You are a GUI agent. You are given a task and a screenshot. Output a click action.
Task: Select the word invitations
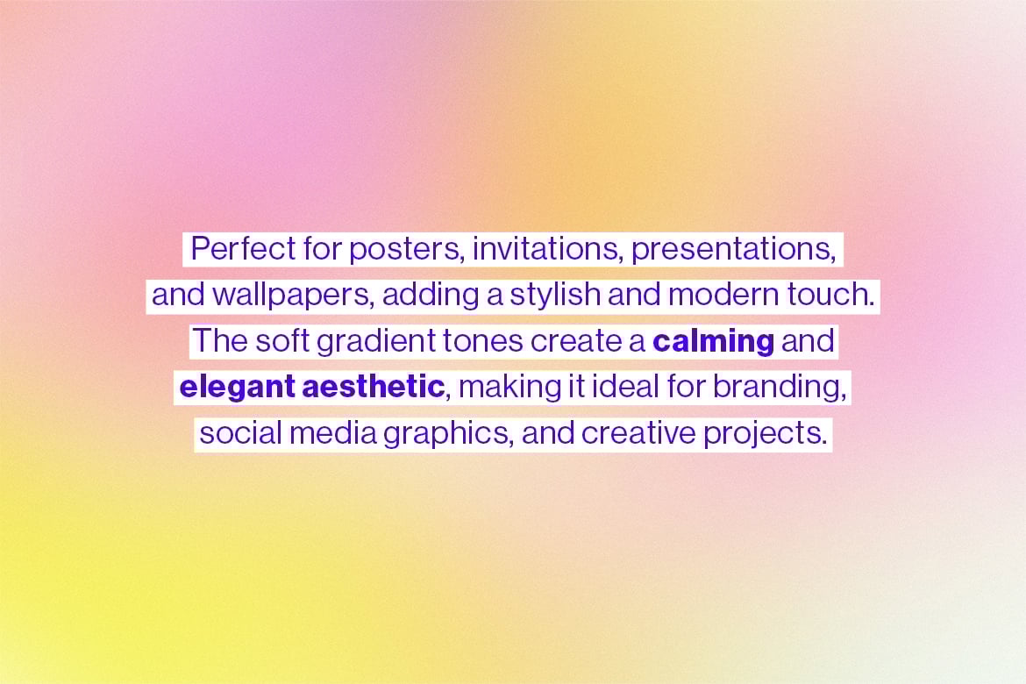pos(545,249)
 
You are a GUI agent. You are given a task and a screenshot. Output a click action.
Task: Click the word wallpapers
pos(290,296)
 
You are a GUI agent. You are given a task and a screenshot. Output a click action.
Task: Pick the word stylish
pos(554,296)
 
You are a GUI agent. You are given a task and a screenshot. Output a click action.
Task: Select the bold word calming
pos(713,343)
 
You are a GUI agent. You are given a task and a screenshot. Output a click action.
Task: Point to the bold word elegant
pos(237,388)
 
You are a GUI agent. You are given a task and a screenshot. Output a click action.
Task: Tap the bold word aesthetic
pos(373,387)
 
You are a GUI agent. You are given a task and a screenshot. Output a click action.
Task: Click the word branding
pos(775,388)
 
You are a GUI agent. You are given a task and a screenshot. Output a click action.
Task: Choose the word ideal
pos(625,387)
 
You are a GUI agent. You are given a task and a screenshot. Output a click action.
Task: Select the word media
pos(333,433)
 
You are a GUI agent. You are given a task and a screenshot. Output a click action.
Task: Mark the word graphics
pos(445,435)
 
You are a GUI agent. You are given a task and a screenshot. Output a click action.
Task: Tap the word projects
pos(761,435)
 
